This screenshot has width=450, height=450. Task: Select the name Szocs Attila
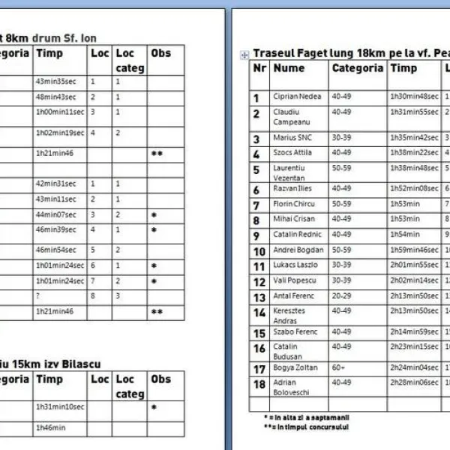(x=292, y=152)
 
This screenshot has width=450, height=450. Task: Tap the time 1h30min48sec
(x=414, y=97)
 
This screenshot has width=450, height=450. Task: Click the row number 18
(x=259, y=385)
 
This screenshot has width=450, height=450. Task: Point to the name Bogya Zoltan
(x=295, y=367)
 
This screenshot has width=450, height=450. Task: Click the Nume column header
(x=289, y=68)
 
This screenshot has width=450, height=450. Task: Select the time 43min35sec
(x=55, y=82)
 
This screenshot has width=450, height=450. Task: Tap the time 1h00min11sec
(x=59, y=112)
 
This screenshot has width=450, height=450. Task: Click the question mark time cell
(x=37, y=295)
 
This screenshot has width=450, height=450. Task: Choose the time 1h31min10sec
(x=60, y=407)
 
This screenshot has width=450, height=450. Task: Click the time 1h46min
(x=50, y=428)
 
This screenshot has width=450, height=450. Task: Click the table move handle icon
(x=243, y=54)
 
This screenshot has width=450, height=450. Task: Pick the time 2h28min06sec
(x=414, y=382)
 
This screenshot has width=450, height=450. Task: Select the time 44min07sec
(x=55, y=214)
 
